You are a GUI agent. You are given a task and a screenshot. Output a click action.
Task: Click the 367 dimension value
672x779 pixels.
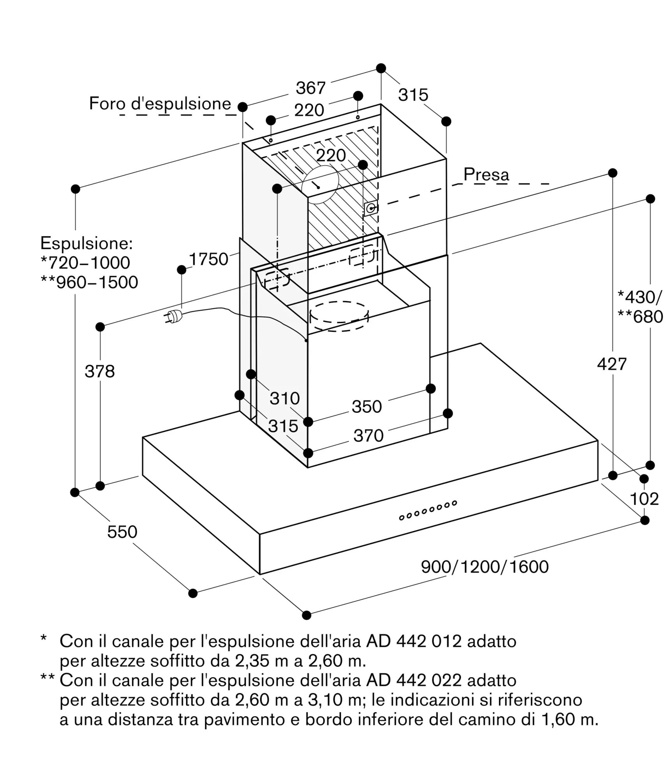pos(310,88)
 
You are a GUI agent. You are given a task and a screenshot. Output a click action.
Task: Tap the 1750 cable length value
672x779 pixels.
pos(208,259)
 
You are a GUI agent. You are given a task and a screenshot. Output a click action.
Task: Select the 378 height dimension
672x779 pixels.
pos(100,371)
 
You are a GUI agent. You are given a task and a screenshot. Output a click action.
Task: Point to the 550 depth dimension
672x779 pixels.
pos(122,532)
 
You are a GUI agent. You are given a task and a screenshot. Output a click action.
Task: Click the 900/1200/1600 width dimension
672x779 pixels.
pos(485,567)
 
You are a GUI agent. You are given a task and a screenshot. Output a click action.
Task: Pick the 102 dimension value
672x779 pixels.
pos(644,499)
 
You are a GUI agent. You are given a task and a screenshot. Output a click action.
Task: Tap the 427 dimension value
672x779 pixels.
pos(612,364)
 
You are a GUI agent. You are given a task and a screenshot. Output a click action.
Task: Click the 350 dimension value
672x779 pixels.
pos(367,407)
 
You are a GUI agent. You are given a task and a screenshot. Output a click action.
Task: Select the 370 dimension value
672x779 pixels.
pos(369,435)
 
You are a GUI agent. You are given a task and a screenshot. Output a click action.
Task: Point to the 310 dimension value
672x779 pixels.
pos(285,398)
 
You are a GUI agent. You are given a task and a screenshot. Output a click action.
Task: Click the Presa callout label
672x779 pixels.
pos(486,174)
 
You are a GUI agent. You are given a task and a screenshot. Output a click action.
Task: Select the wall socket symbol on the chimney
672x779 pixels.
pos(370,209)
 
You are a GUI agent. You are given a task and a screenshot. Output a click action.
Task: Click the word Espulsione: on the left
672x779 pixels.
pos(86,243)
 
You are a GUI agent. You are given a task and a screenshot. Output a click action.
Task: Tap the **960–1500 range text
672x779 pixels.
pos(89,282)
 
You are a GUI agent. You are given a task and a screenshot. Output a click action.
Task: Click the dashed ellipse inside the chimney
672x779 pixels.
pos(339,316)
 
